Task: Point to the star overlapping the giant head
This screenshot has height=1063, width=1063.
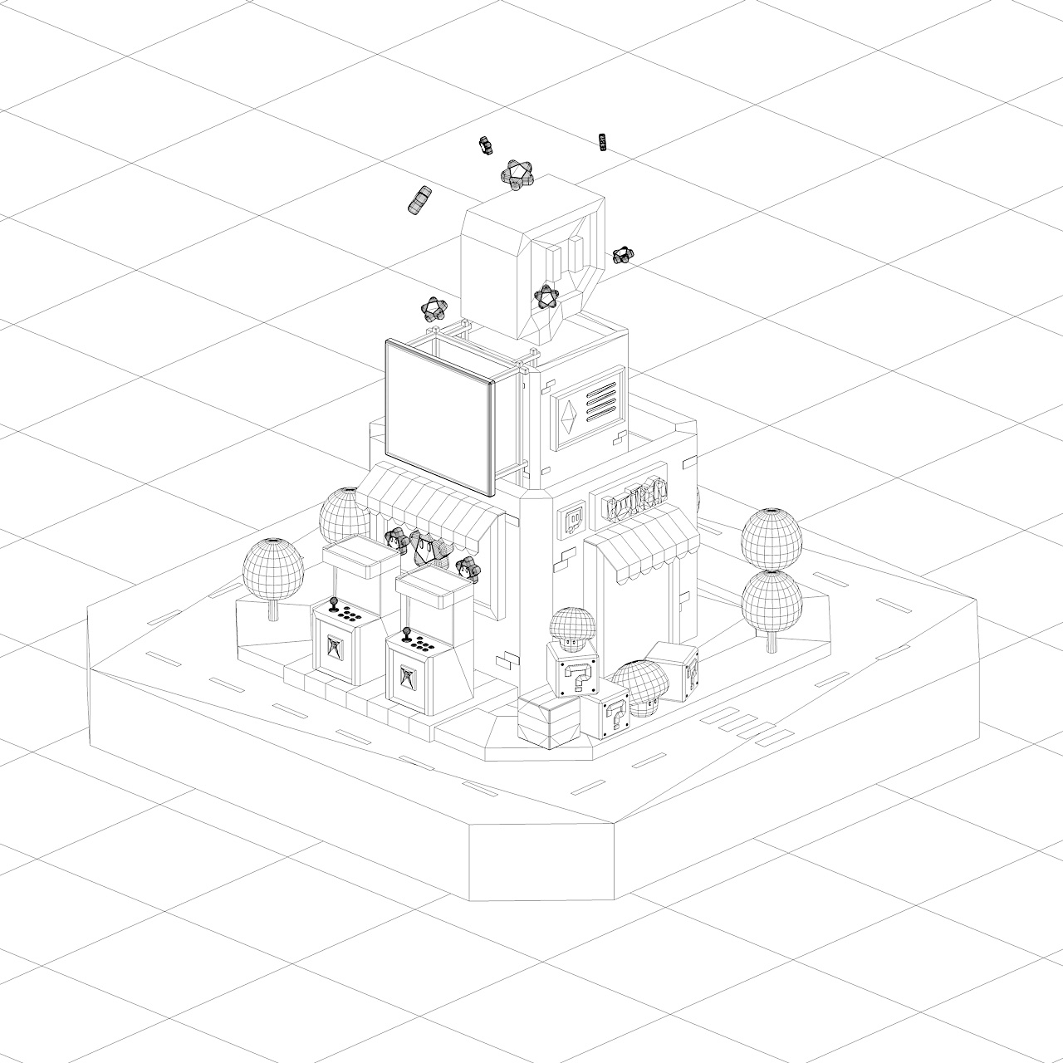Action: tap(544, 296)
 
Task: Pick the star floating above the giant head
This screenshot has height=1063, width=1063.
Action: tap(517, 175)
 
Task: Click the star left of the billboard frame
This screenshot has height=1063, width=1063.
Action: tap(433, 310)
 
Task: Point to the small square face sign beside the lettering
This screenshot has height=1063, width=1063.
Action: tap(572, 519)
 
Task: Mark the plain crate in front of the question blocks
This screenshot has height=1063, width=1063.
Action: tap(547, 718)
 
